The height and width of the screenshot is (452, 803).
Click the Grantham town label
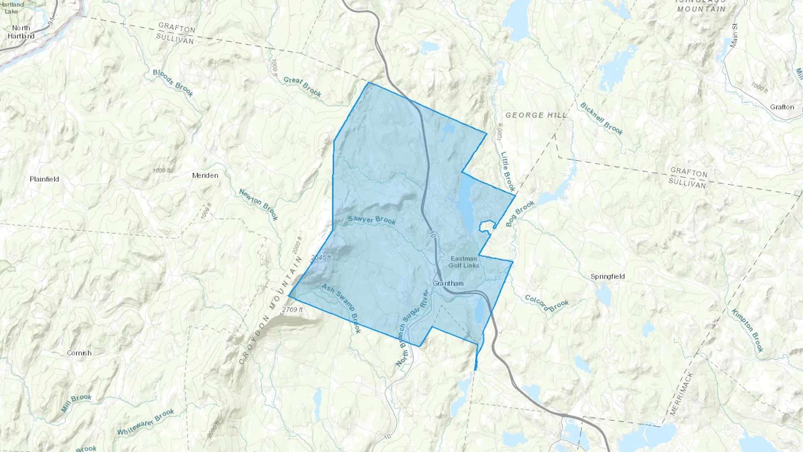tap(448, 283)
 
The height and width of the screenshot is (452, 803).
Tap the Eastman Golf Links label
tap(464, 262)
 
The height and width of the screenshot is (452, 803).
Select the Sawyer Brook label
tap(372, 220)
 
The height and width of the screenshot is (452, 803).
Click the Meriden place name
tap(205, 175)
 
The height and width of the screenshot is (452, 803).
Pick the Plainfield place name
tap(44, 179)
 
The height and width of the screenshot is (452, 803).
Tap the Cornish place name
tap(79, 353)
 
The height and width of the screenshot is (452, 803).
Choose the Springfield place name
tap(607, 276)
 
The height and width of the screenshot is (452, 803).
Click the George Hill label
tap(536, 115)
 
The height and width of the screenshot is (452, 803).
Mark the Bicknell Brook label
tap(601, 118)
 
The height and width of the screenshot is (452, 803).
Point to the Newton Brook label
tap(259, 204)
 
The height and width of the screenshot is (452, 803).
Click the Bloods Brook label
tap(173, 83)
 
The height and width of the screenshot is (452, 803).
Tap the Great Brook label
tap(302, 87)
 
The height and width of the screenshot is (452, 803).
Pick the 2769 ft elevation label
tap(293, 310)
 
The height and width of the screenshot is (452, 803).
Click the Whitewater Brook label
tap(145, 422)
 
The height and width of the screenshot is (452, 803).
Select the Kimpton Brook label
tap(747, 330)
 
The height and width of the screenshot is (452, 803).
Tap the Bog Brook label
tap(520, 214)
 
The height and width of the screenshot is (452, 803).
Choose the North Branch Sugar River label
tap(412, 328)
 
